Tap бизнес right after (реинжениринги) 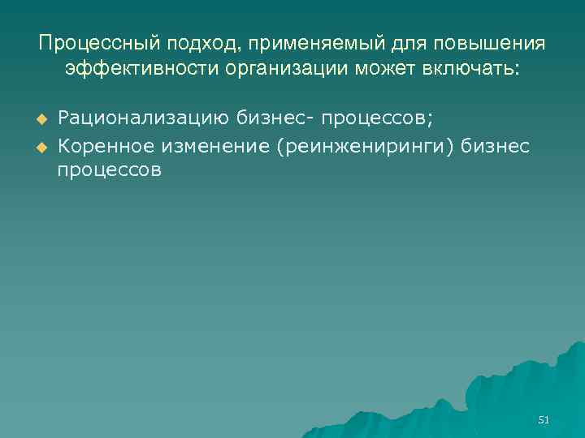point(498,145)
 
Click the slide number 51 point(544,419)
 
